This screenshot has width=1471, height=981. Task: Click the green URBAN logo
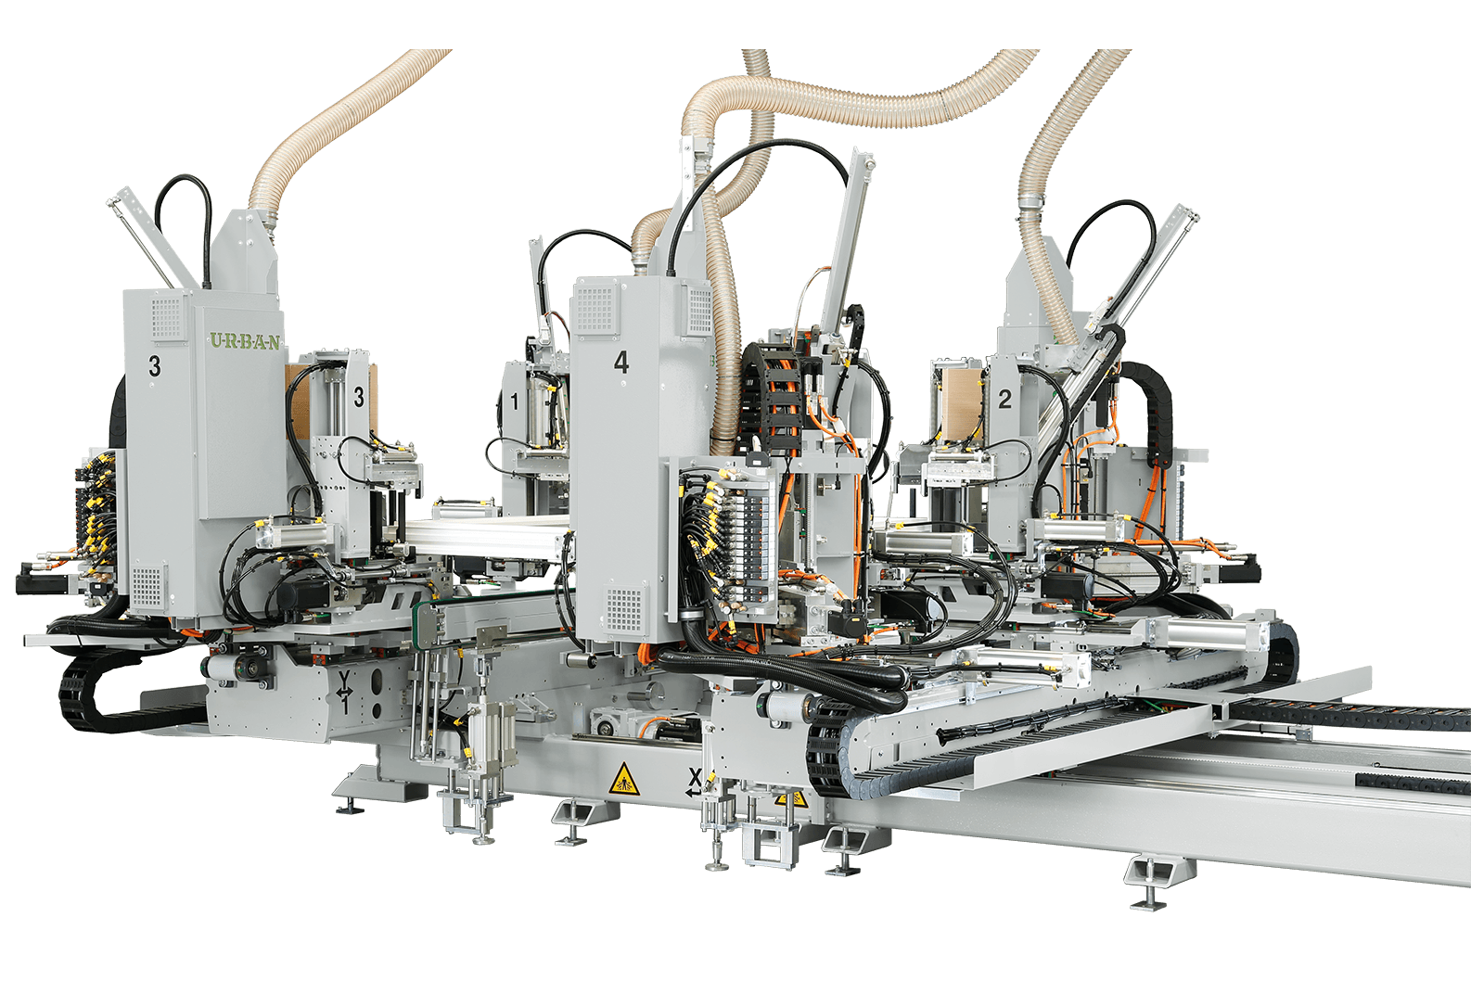245,341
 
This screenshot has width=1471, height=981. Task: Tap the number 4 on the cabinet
621,362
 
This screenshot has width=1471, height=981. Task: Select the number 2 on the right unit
1004,399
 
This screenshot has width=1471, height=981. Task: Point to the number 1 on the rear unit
514,401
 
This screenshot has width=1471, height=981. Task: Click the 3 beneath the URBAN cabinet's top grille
154,365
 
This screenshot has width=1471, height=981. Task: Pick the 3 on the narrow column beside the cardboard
359,397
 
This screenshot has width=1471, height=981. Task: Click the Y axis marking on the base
344,692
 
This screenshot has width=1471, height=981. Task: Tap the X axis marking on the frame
694,784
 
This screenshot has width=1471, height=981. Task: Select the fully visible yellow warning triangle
624,780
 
